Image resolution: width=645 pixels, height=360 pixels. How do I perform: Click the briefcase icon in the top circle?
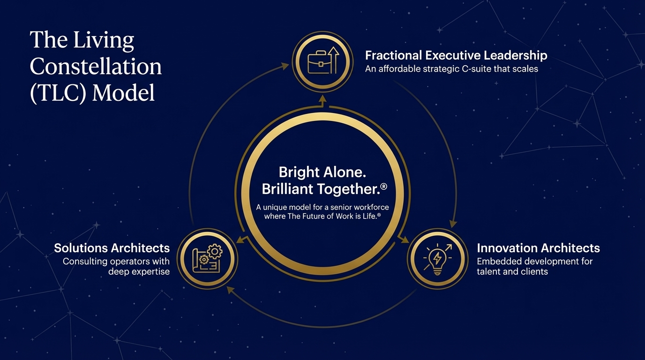(x=318, y=62)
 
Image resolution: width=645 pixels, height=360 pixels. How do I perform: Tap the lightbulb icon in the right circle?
(x=438, y=259)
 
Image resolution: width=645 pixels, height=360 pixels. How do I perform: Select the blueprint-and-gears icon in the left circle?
(x=207, y=258)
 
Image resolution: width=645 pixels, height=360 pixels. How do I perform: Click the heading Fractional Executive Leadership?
(x=456, y=55)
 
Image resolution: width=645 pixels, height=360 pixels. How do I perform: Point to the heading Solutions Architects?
(x=112, y=248)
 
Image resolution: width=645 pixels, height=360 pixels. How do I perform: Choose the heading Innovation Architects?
(x=539, y=248)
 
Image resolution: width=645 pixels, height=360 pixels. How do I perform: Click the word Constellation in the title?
(x=96, y=66)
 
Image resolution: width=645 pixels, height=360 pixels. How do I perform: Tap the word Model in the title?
(x=123, y=93)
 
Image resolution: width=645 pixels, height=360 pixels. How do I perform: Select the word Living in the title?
(x=104, y=40)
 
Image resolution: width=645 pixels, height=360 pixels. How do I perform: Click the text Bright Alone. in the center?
(x=322, y=172)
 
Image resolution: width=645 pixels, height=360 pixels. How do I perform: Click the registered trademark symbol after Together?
(x=384, y=187)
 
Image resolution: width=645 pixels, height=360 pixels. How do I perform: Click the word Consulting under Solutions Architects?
(x=85, y=262)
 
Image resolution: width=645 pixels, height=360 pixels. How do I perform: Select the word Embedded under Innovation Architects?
(x=495, y=261)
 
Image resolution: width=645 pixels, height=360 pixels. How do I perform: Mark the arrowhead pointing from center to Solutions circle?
(x=241, y=240)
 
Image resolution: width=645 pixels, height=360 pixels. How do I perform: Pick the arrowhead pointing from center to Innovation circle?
(x=405, y=240)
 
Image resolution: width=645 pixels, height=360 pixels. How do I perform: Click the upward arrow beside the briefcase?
(x=333, y=60)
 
